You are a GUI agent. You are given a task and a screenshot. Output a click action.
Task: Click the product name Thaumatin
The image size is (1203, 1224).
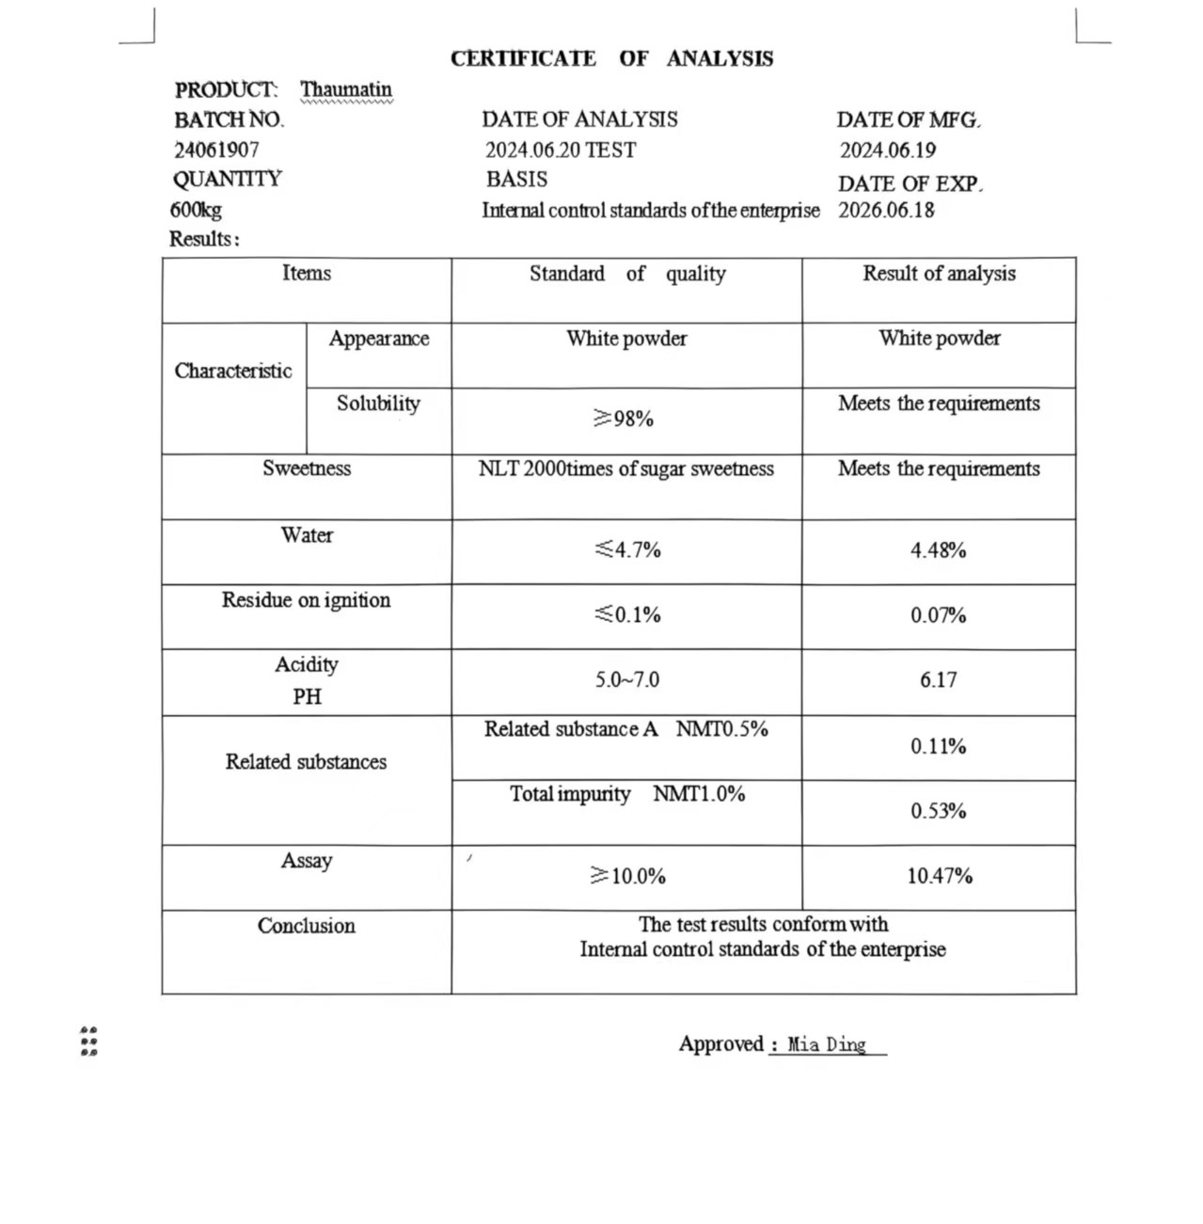pos(346,90)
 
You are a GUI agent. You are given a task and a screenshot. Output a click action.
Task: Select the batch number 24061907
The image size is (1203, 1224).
pos(216,150)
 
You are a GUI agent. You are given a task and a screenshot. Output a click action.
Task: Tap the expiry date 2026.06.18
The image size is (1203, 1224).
pos(886,210)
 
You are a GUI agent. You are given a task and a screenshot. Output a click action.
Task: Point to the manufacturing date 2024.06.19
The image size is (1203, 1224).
pos(887,151)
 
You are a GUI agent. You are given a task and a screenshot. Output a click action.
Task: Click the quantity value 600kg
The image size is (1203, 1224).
pos(196,210)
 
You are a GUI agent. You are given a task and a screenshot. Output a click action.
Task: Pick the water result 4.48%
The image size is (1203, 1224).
pos(938,550)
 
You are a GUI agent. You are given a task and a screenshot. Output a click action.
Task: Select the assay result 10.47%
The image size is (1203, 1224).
pos(939,876)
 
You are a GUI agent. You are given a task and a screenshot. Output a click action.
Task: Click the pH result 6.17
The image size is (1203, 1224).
pos(938,680)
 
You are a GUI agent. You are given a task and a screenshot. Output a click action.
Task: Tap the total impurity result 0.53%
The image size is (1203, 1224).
pos(938,811)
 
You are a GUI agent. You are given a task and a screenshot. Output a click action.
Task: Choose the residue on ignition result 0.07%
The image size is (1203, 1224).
pos(938,615)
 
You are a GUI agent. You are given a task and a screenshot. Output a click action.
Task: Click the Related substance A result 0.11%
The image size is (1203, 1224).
pos(938,746)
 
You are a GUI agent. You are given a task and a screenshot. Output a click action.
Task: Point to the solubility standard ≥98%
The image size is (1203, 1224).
pos(624,419)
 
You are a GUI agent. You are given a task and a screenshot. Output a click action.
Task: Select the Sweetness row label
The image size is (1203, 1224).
pos(307,469)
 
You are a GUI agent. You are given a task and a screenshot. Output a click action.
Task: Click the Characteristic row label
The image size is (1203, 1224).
pos(233,371)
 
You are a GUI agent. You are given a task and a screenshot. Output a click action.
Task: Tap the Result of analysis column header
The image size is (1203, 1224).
pos(939,274)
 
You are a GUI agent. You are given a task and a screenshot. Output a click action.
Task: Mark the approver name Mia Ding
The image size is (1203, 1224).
pos(827,1044)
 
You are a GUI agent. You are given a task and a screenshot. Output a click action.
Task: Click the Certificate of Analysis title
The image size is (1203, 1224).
pos(611,58)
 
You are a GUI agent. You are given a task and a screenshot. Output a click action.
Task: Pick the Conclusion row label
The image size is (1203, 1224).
pos(307,926)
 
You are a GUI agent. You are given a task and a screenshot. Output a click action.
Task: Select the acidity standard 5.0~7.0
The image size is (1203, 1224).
pos(626,679)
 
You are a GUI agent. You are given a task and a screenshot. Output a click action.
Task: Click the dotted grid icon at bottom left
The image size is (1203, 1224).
pos(89,1041)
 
